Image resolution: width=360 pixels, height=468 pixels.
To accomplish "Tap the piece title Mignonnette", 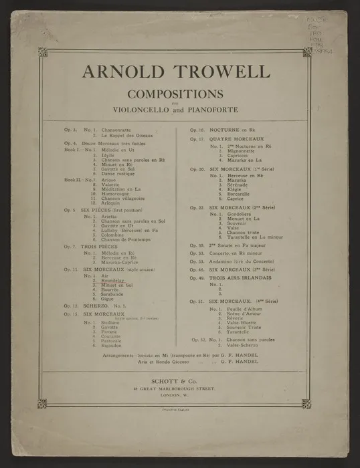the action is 242,151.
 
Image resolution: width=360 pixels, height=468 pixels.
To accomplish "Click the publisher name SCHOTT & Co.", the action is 179,379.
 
